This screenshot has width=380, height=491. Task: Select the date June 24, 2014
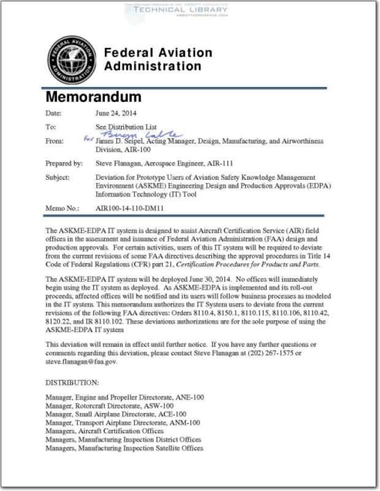[x=116, y=114]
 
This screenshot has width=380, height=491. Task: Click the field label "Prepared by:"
[x=64, y=164]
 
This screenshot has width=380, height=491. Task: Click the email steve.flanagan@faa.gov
[x=79, y=361]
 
